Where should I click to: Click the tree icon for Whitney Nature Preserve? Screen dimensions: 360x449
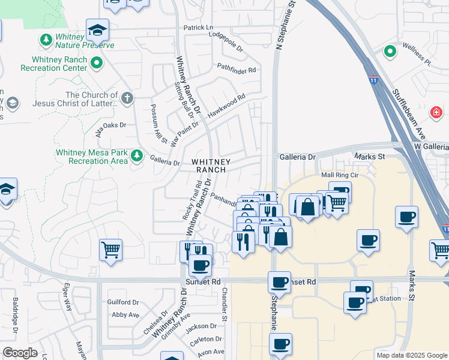coord(46,40)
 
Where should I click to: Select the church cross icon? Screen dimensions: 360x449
coord(127,98)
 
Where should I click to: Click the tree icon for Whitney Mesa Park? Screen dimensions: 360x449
coord(137,155)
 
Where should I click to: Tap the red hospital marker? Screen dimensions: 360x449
coord(436,112)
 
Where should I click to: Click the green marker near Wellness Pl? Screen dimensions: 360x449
coord(390,52)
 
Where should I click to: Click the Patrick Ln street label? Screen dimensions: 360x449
coord(198,28)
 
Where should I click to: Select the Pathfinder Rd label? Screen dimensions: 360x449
coord(237,70)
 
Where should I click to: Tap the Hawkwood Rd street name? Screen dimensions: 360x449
coord(226,106)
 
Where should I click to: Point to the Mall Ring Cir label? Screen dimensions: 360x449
coord(340,175)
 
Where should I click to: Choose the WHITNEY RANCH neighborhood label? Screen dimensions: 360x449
coord(209,166)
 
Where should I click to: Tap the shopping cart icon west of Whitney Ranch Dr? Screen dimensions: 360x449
coord(110,250)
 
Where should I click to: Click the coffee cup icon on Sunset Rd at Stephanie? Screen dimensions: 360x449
coord(280,281)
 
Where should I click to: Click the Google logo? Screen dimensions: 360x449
coord(20,353)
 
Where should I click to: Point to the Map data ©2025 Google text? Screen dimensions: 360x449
coord(411,355)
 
